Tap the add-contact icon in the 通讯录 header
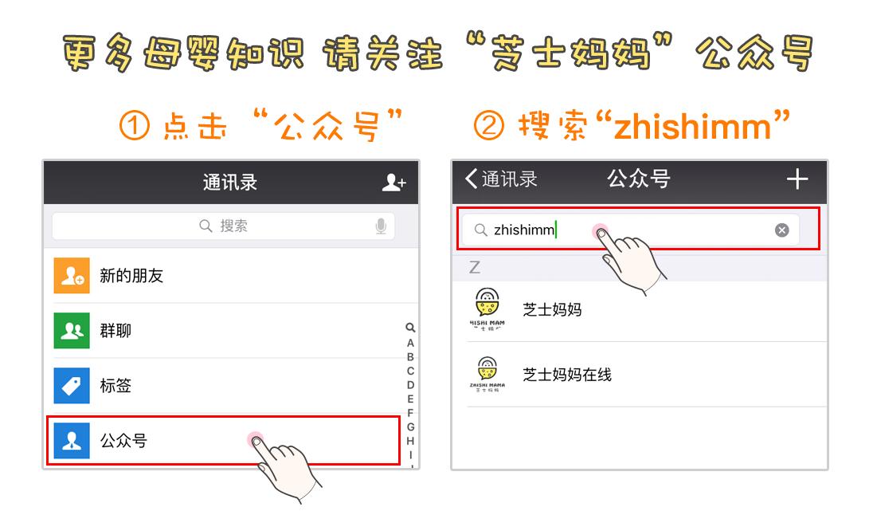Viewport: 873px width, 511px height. (x=393, y=183)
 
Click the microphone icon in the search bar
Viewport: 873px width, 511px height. (x=381, y=226)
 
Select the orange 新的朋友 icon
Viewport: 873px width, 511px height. (x=72, y=276)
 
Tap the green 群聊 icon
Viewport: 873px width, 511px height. (x=72, y=331)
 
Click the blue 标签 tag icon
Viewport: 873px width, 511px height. (x=72, y=386)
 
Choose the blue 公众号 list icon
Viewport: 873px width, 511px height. (x=72, y=440)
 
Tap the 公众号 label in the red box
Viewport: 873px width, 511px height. (x=123, y=440)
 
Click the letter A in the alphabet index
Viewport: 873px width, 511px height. (x=410, y=343)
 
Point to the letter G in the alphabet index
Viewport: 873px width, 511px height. (x=410, y=427)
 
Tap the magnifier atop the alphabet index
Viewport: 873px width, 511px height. (x=410, y=328)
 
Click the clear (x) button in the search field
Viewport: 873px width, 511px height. (x=782, y=230)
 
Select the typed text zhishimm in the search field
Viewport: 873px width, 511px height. (x=523, y=230)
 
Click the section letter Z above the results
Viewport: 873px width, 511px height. (x=475, y=268)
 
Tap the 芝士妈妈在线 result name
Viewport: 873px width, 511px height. (x=566, y=375)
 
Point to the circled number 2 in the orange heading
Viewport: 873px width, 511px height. (x=489, y=126)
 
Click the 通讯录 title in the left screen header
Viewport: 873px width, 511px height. (x=229, y=183)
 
